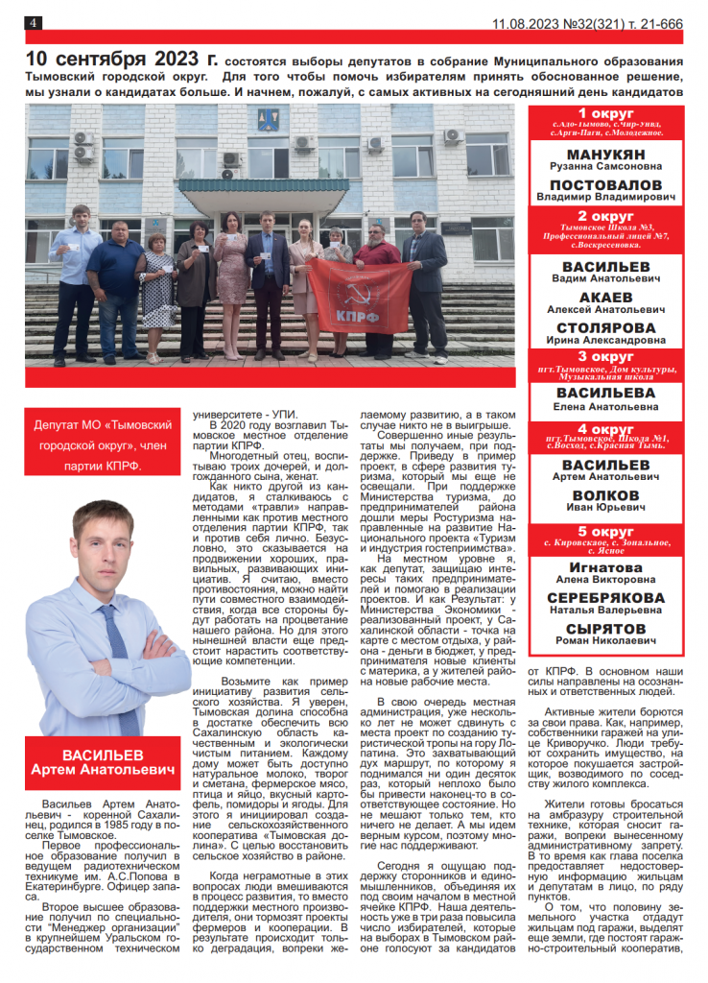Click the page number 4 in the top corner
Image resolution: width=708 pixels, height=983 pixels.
pos(33,23)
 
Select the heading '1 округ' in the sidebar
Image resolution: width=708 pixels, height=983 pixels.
pos(606,114)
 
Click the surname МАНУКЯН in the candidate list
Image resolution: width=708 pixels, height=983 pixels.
pos(606,155)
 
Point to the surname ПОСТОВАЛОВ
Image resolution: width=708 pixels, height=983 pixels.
pos(606,183)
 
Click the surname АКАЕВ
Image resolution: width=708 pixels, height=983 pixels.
pos(606,298)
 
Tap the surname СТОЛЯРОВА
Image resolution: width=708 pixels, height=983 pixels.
pos(606,327)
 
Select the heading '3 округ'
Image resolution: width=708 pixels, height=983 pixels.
pos(606,356)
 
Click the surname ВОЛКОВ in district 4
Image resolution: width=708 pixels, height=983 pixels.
pos(606,495)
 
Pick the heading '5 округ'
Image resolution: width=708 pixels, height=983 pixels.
pos(606,531)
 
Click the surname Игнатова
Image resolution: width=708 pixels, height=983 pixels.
pos(606,567)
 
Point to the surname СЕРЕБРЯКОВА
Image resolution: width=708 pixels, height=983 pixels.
pos(606,597)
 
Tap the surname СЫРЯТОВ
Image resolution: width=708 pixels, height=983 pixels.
pos(606,627)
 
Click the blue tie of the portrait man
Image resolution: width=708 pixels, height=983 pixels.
pos(114,653)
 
